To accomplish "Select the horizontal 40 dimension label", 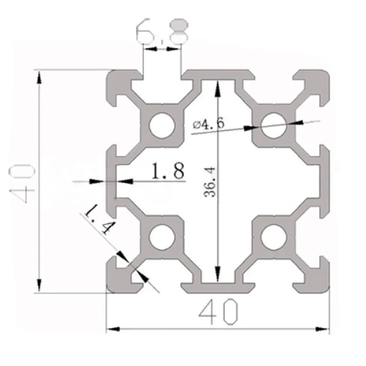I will coord(218,312).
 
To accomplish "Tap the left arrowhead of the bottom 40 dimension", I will coord(113,328).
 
